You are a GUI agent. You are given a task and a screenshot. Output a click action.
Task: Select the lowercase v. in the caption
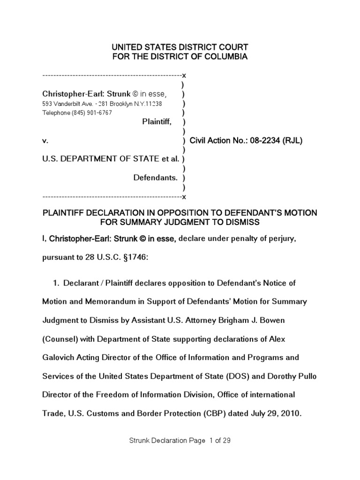pos(45,141)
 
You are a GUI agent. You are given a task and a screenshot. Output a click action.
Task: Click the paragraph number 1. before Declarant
pos(56,284)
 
